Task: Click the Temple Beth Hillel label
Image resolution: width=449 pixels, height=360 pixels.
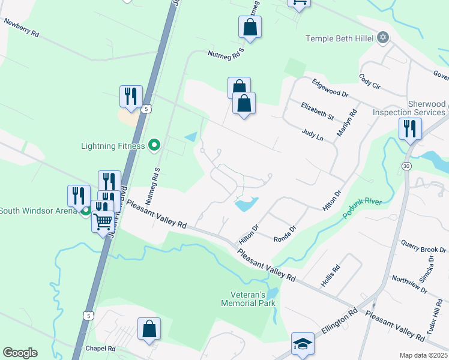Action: [x=340, y=38]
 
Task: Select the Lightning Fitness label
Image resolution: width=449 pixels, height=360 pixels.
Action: [x=113, y=146]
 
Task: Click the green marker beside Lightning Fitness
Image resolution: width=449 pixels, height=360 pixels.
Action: [x=154, y=145]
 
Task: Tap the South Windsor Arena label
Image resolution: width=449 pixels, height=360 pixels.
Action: [x=38, y=210]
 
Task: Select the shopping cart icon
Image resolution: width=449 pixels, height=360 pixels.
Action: [x=103, y=221]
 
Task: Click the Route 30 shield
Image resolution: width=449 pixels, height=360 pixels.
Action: [x=408, y=164]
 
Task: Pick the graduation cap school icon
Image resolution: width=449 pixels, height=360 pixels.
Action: [x=303, y=344]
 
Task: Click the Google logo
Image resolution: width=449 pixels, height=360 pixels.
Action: [x=20, y=353]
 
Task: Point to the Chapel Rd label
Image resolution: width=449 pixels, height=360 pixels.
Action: [x=100, y=348]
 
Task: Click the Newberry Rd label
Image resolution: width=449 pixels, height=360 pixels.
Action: [x=22, y=28]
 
